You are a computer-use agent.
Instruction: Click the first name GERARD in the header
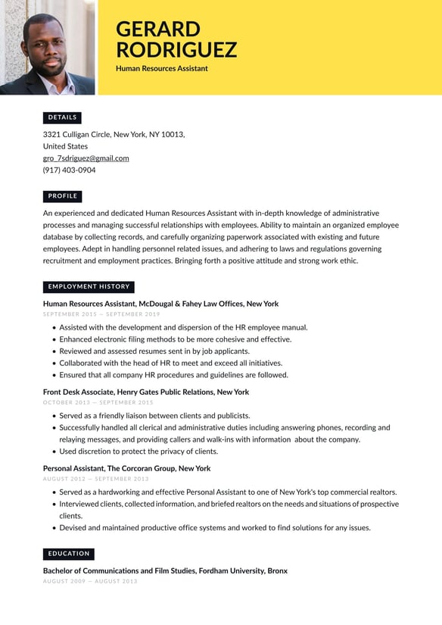(x=158, y=30)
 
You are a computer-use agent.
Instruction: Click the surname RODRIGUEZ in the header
(x=176, y=50)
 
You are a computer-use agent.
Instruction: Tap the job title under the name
(x=162, y=69)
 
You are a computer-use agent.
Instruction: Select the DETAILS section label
(x=62, y=117)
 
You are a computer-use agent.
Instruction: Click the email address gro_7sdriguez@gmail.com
(x=86, y=158)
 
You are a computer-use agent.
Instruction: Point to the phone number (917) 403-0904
(x=69, y=170)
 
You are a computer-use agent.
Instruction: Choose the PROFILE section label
(x=62, y=196)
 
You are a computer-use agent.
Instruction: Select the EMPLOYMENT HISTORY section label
(x=89, y=287)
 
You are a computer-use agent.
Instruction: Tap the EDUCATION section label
(x=68, y=554)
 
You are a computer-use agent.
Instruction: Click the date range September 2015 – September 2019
(x=101, y=314)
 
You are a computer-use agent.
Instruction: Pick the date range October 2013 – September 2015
(x=98, y=402)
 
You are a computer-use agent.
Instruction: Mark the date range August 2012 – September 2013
(x=95, y=479)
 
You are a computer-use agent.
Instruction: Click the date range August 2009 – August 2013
(x=90, y=581)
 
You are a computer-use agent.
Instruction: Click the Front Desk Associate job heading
(x=145, y=392)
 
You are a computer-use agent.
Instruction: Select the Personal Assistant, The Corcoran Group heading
(x=126, y=469)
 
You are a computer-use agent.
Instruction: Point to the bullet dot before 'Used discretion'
(x=54, y=452)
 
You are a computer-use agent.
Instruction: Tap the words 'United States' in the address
(x=65, y=146)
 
